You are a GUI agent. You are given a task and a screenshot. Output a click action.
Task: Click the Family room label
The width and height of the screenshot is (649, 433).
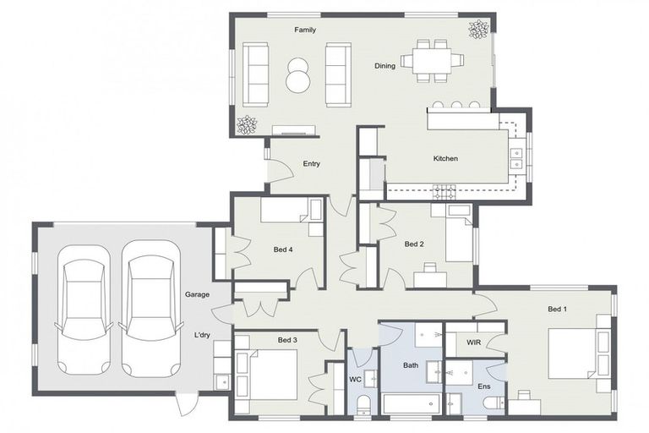305,30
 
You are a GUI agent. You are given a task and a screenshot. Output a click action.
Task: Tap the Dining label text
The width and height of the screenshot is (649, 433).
384,66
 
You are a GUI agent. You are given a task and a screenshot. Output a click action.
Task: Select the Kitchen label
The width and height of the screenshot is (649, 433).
445,159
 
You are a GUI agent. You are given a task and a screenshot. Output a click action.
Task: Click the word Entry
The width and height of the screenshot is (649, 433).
311,164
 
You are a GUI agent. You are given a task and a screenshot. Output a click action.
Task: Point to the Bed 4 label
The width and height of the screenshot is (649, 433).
284,249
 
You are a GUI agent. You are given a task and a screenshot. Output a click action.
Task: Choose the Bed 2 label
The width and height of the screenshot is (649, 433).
413,244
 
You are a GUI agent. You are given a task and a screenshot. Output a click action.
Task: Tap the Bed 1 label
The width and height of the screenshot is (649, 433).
557,310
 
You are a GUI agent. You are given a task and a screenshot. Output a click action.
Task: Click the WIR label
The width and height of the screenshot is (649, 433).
473,343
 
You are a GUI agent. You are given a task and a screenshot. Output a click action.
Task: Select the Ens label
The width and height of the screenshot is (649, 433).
484,386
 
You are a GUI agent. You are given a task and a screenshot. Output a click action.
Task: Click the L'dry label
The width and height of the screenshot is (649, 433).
202,335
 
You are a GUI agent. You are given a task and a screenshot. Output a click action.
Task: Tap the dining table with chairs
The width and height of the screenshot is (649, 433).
431,60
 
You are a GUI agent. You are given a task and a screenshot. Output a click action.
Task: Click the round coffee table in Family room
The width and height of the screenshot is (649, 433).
297,74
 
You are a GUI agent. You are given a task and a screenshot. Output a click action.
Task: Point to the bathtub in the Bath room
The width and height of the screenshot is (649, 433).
411,403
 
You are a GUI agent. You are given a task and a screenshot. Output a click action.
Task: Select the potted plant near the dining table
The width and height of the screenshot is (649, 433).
479,30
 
